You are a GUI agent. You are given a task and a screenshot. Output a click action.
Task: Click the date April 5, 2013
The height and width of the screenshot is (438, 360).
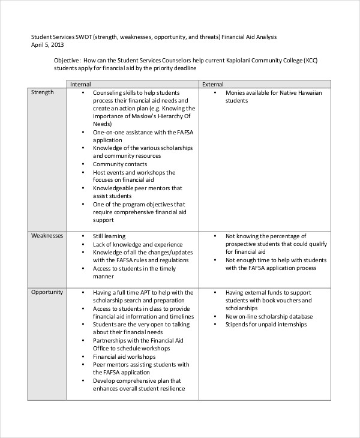click(x=47, y=45)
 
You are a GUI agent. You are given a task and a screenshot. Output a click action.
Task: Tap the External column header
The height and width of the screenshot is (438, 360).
click(x=213, y=85)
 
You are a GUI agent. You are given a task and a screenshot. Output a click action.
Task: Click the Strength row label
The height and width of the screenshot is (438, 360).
click(x=42, y=92)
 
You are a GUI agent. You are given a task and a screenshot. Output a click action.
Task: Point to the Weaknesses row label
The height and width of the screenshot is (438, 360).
click(x=47, y=236)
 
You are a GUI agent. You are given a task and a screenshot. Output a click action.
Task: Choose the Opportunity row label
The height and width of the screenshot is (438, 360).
click(x=47, y=292)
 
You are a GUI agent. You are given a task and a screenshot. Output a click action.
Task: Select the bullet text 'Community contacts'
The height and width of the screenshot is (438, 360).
click(x=119, y=164)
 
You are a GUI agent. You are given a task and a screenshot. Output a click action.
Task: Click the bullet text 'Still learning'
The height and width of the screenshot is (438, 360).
click(x=109, y=236)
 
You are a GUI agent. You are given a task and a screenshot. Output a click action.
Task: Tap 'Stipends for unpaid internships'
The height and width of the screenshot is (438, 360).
click(x=266, y=325)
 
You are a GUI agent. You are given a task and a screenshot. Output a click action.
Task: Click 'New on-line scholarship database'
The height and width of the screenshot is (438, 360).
click(x=269, y=316)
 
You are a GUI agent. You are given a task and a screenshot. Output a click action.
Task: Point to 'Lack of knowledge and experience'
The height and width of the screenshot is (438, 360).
click(x=137, y=244)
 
